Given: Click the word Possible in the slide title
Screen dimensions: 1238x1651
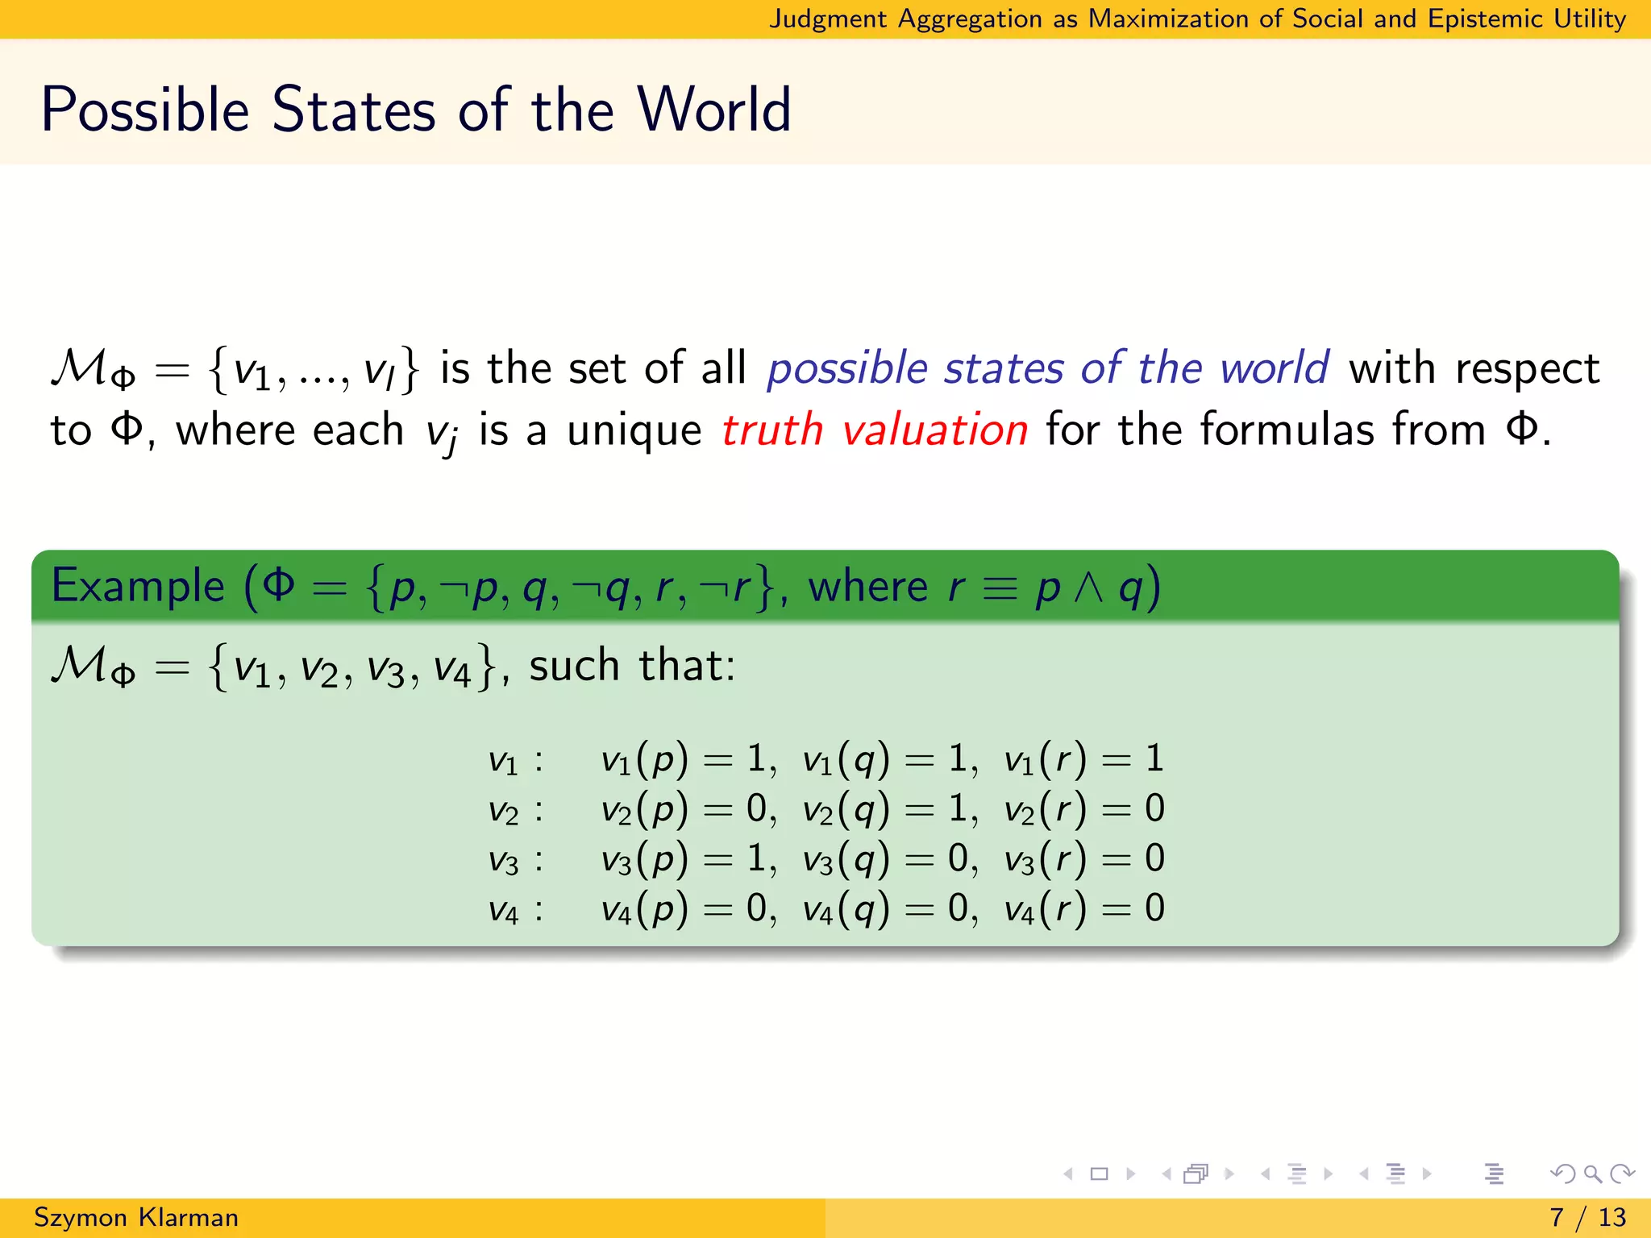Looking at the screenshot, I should [145, 110].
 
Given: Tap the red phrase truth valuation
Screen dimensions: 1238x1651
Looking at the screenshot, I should [875, 430].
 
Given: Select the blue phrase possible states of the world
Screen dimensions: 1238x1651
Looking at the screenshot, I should [1047, 368].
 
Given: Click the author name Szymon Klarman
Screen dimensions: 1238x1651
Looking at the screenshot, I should [136, 1217].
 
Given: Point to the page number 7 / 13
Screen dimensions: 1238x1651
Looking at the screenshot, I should [1587, 1217].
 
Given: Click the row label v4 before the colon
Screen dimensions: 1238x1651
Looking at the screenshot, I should [503, 911].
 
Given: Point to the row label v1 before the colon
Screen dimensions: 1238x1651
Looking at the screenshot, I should [503, 761].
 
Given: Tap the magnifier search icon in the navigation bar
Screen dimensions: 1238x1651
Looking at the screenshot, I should [1592, 1174].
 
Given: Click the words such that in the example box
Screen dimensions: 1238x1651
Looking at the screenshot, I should [631, 667].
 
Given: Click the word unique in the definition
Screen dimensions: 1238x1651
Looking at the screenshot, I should [634, 430].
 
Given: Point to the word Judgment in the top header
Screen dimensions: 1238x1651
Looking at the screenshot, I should [828, 19].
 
